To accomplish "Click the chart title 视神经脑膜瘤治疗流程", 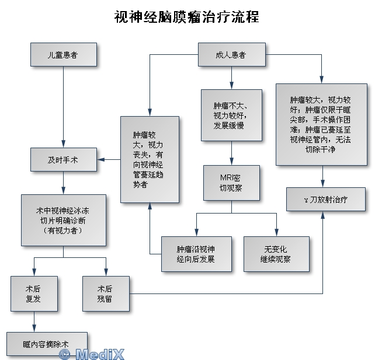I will tap(187, 16).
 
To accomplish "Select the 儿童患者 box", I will tap(64, 54).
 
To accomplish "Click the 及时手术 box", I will tap(64, 159).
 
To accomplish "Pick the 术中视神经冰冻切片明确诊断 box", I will tap(64, 220).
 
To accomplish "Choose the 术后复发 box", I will tap(34, 293).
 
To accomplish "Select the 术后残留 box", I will tap(106, 293).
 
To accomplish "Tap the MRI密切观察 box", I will tap(231, 183).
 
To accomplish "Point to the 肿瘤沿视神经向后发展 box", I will tap(196, 254).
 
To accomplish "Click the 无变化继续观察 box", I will tap(276, 254).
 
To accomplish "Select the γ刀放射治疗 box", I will tap(326, 200).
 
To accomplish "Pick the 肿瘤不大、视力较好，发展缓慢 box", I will tap(231, 115).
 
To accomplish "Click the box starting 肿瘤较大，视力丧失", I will tap(150, 159).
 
